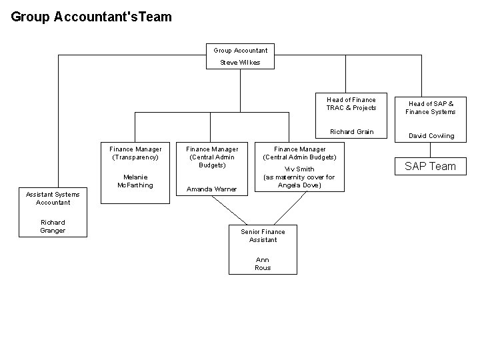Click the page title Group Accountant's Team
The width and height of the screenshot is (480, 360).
click(x=91, y=16)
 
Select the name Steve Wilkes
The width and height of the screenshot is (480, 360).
click(x=240, y=63)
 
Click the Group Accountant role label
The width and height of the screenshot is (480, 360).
click(x=240, y=50)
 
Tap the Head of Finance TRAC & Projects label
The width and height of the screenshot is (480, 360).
click(x=351, y=103)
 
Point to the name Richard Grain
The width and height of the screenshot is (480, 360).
click(x=351, y=131)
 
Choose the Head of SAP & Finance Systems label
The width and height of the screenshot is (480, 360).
click(x=431, y=107)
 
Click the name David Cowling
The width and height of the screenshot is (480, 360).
click(x=431, y=135)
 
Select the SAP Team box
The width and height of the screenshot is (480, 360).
click(x=431, y=166)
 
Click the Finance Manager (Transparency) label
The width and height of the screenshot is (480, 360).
click(x=135, y=153)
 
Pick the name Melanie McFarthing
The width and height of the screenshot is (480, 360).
click(x=135, y=181)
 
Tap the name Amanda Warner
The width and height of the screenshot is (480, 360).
click(x=211, y=189)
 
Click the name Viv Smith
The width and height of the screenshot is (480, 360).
click(x=299, y=169)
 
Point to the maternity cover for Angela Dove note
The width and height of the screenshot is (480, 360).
click(x=299, y=181)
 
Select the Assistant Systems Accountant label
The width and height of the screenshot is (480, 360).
click(x=53, y=198)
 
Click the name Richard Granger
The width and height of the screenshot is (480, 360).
click(x=53, y=226)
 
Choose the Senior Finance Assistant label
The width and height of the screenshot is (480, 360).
click(x=263, y=235)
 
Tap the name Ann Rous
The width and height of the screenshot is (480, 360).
click(x=263, y=263)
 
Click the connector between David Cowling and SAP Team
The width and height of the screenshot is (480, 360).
click(x=421, y=150)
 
